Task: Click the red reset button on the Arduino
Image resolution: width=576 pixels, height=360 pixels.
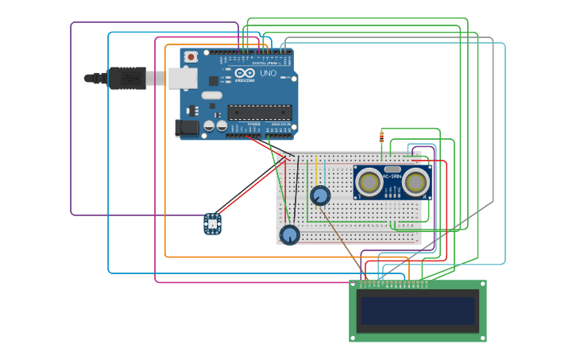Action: [x=191, y=56]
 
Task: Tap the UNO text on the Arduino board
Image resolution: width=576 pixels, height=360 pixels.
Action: [x=268, y=73]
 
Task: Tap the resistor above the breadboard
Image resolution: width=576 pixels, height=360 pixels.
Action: [x=382, y=137]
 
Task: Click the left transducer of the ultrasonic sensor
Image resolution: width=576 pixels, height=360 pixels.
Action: [x=369, y=183]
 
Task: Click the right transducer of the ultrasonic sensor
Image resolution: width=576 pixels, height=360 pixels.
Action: [x=416, y=183]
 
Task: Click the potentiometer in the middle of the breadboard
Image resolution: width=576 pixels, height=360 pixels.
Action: [x=320, y=195]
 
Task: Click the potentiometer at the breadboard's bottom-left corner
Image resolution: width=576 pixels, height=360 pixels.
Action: [x=290, y=234]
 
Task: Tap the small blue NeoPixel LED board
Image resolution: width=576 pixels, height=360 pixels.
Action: [x=213, y=223]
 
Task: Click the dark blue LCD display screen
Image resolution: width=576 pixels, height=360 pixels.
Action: [x=417, y=311]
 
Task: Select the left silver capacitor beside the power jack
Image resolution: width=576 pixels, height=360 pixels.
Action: [x=209, y=126]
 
